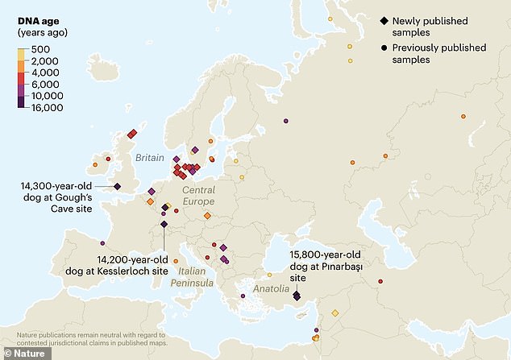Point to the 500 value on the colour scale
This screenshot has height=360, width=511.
41,49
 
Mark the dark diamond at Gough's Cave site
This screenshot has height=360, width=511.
118,186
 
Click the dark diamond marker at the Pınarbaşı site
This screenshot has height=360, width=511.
296,296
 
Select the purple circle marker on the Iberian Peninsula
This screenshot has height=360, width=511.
102,242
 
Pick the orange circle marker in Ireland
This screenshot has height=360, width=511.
95,164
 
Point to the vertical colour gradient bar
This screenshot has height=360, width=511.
22,77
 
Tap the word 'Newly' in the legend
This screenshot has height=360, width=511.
409,19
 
